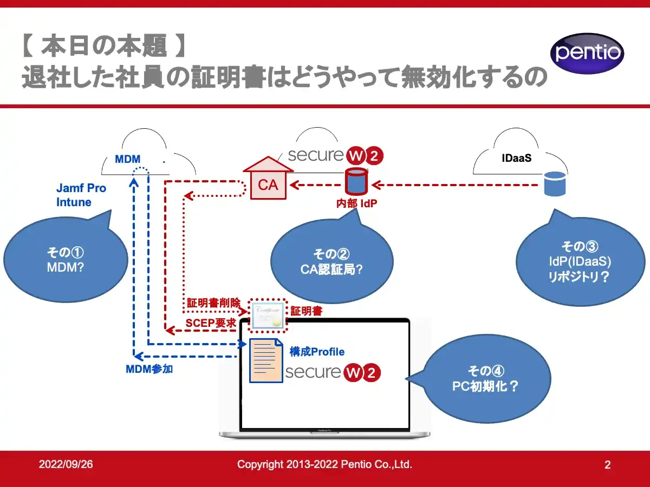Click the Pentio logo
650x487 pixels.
tap(587, 54)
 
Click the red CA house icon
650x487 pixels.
tap(268, 181)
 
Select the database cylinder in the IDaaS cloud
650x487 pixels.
tap(555, 183)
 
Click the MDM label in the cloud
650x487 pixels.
tap(128, 160)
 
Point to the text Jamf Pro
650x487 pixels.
tap(81, 188)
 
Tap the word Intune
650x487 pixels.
tap(74, 202)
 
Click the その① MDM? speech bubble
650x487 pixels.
tap(66, 260)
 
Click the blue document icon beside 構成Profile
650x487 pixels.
tap(265, 360)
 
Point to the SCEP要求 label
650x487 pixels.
tap(210, 323)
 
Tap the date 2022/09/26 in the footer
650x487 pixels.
tap(66, 464)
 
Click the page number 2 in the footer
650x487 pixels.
tap(607, 465)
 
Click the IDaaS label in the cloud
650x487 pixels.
tap(516, 159)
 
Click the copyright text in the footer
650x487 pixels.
tap(325, 464)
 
